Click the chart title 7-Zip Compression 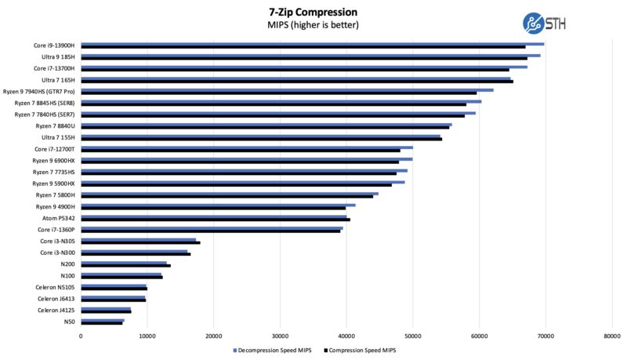[x=313, y=12]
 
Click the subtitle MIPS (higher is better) [x=313, y=25]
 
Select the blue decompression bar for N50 [x=103, y=320]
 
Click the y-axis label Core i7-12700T [x=54, y=149]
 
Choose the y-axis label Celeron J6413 [x=56, y=299]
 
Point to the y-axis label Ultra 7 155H [x=59, y=137]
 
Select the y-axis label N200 [x=67, y=264]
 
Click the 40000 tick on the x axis [x=346, y=336]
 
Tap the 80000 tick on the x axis [x=612, y=336]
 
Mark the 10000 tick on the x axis [x=147, y=336]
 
